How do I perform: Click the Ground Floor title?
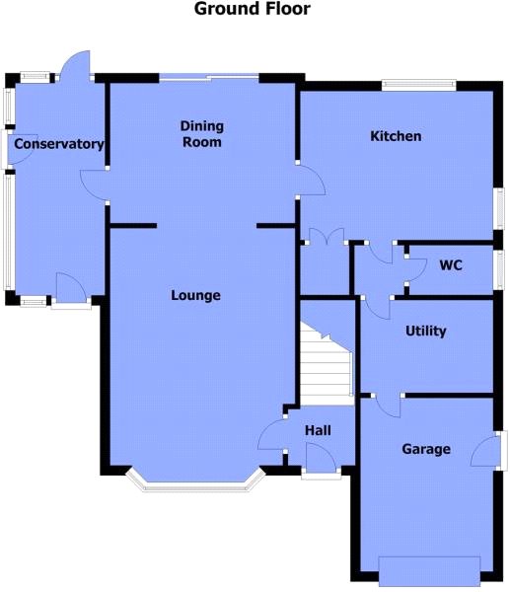[252, 9]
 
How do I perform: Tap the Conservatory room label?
[59, 144]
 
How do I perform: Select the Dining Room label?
[202, 134]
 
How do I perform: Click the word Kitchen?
[396, 136]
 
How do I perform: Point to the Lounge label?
[195, 295]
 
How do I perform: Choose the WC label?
[451, 265]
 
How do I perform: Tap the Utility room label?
[426, 332]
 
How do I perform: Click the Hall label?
[318, 430]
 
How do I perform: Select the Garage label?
[426, 449]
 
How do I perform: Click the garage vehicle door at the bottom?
[429, 575]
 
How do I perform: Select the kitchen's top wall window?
[419, 85]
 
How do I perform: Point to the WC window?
[499, 269]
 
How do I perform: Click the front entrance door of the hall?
[321, 458]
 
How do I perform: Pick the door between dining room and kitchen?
[312, 180]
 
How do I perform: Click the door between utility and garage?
[388, 406]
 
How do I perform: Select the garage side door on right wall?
[486, 451]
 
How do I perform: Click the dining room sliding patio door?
[209, 78]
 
